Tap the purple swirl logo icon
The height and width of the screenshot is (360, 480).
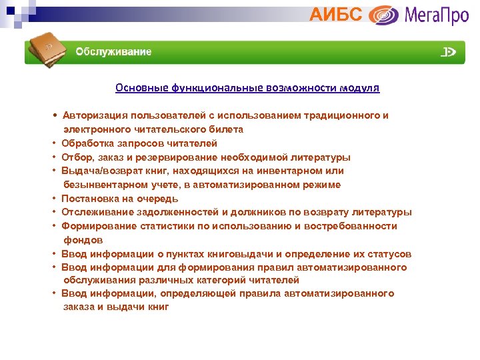click(x=384, y=15)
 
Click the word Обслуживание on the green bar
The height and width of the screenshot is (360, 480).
click(x=113, y=52)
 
